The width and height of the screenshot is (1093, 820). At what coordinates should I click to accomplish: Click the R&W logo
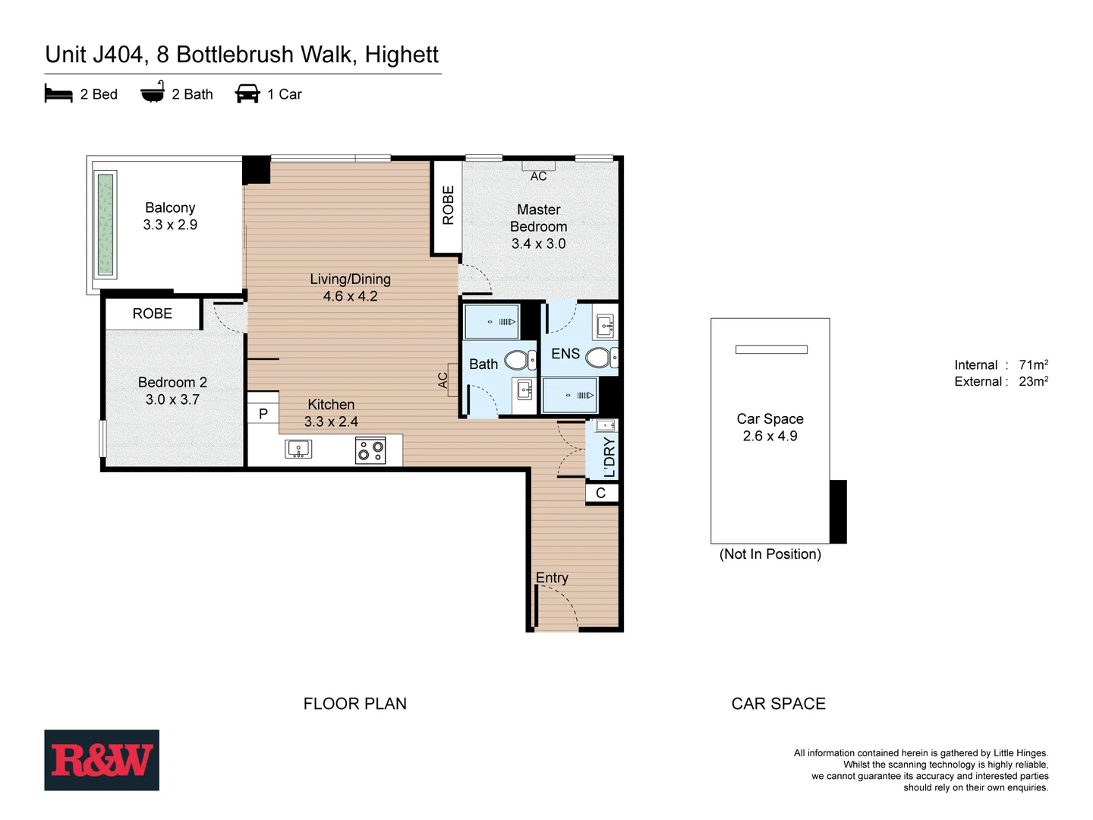tap(102, 760)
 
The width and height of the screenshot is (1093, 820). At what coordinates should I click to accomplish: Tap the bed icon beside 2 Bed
tap(58, 94)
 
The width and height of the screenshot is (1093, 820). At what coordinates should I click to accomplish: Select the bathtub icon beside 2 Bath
tap(153, 93)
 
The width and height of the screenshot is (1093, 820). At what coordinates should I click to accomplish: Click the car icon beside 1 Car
tap(247, 94)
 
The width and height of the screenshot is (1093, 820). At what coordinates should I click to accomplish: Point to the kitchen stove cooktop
tap(370, 450)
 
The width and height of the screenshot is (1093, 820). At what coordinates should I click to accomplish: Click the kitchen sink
tap(298, 449)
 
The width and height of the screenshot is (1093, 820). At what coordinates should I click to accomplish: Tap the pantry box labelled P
tap(263, 414)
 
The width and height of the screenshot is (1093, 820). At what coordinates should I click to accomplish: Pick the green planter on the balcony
tap(106, 225)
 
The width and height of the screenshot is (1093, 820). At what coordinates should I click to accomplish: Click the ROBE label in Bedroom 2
tap(153, 314)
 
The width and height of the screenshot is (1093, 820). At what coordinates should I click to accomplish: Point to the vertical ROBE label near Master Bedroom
tap(448, 205)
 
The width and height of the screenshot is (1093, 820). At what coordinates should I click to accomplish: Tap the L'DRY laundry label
tap(609, 457)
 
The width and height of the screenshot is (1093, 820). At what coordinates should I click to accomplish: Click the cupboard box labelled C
tap(600, 494)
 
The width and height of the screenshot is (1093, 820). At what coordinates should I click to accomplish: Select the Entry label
tap(552, 578)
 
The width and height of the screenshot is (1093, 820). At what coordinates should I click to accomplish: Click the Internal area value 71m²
tap(1033, 364)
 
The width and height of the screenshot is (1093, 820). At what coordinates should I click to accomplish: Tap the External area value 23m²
tap(1033, 381)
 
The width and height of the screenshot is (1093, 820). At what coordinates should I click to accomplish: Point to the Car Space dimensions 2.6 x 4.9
tap(770, 437)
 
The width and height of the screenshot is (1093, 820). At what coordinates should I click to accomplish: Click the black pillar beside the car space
tap(838, 511)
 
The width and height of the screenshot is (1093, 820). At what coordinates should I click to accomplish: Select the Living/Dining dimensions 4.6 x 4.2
tap(350, 297)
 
